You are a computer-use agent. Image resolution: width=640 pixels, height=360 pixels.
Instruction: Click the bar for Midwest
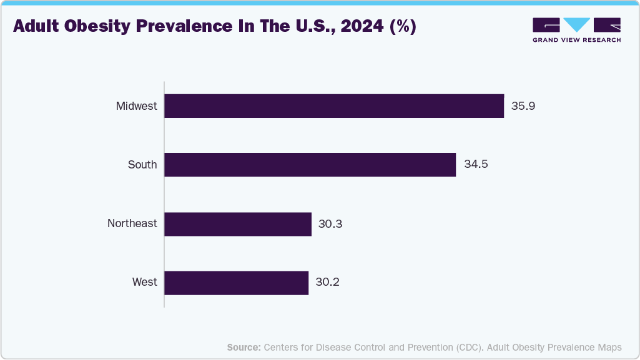[334, 106]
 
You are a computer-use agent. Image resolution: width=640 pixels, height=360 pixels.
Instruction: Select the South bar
[310, 165]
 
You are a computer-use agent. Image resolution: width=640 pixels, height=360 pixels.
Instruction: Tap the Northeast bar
[238, 224]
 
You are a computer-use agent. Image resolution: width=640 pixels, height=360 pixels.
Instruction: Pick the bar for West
[237, 283]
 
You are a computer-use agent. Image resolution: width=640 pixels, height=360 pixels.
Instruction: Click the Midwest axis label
[136, 106]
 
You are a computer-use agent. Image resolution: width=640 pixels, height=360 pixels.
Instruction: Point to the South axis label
[142, 165]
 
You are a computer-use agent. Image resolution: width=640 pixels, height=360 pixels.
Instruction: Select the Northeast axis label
[132, 223]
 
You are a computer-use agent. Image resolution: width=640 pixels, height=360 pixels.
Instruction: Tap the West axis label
[144, 283]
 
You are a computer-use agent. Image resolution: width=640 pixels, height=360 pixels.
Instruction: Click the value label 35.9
[523, 106]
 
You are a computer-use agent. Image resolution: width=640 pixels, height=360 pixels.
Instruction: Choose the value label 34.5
[476, 165]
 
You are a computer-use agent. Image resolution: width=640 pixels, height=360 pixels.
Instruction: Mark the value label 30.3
[330, 224]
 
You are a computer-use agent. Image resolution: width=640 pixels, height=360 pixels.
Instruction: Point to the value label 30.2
[327, 283]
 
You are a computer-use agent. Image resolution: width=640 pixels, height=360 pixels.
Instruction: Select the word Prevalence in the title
[195, 27]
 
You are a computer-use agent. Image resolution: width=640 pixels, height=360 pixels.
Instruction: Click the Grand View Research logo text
[576, 40]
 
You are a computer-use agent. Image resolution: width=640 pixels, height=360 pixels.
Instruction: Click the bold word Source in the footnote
[244, 348]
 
